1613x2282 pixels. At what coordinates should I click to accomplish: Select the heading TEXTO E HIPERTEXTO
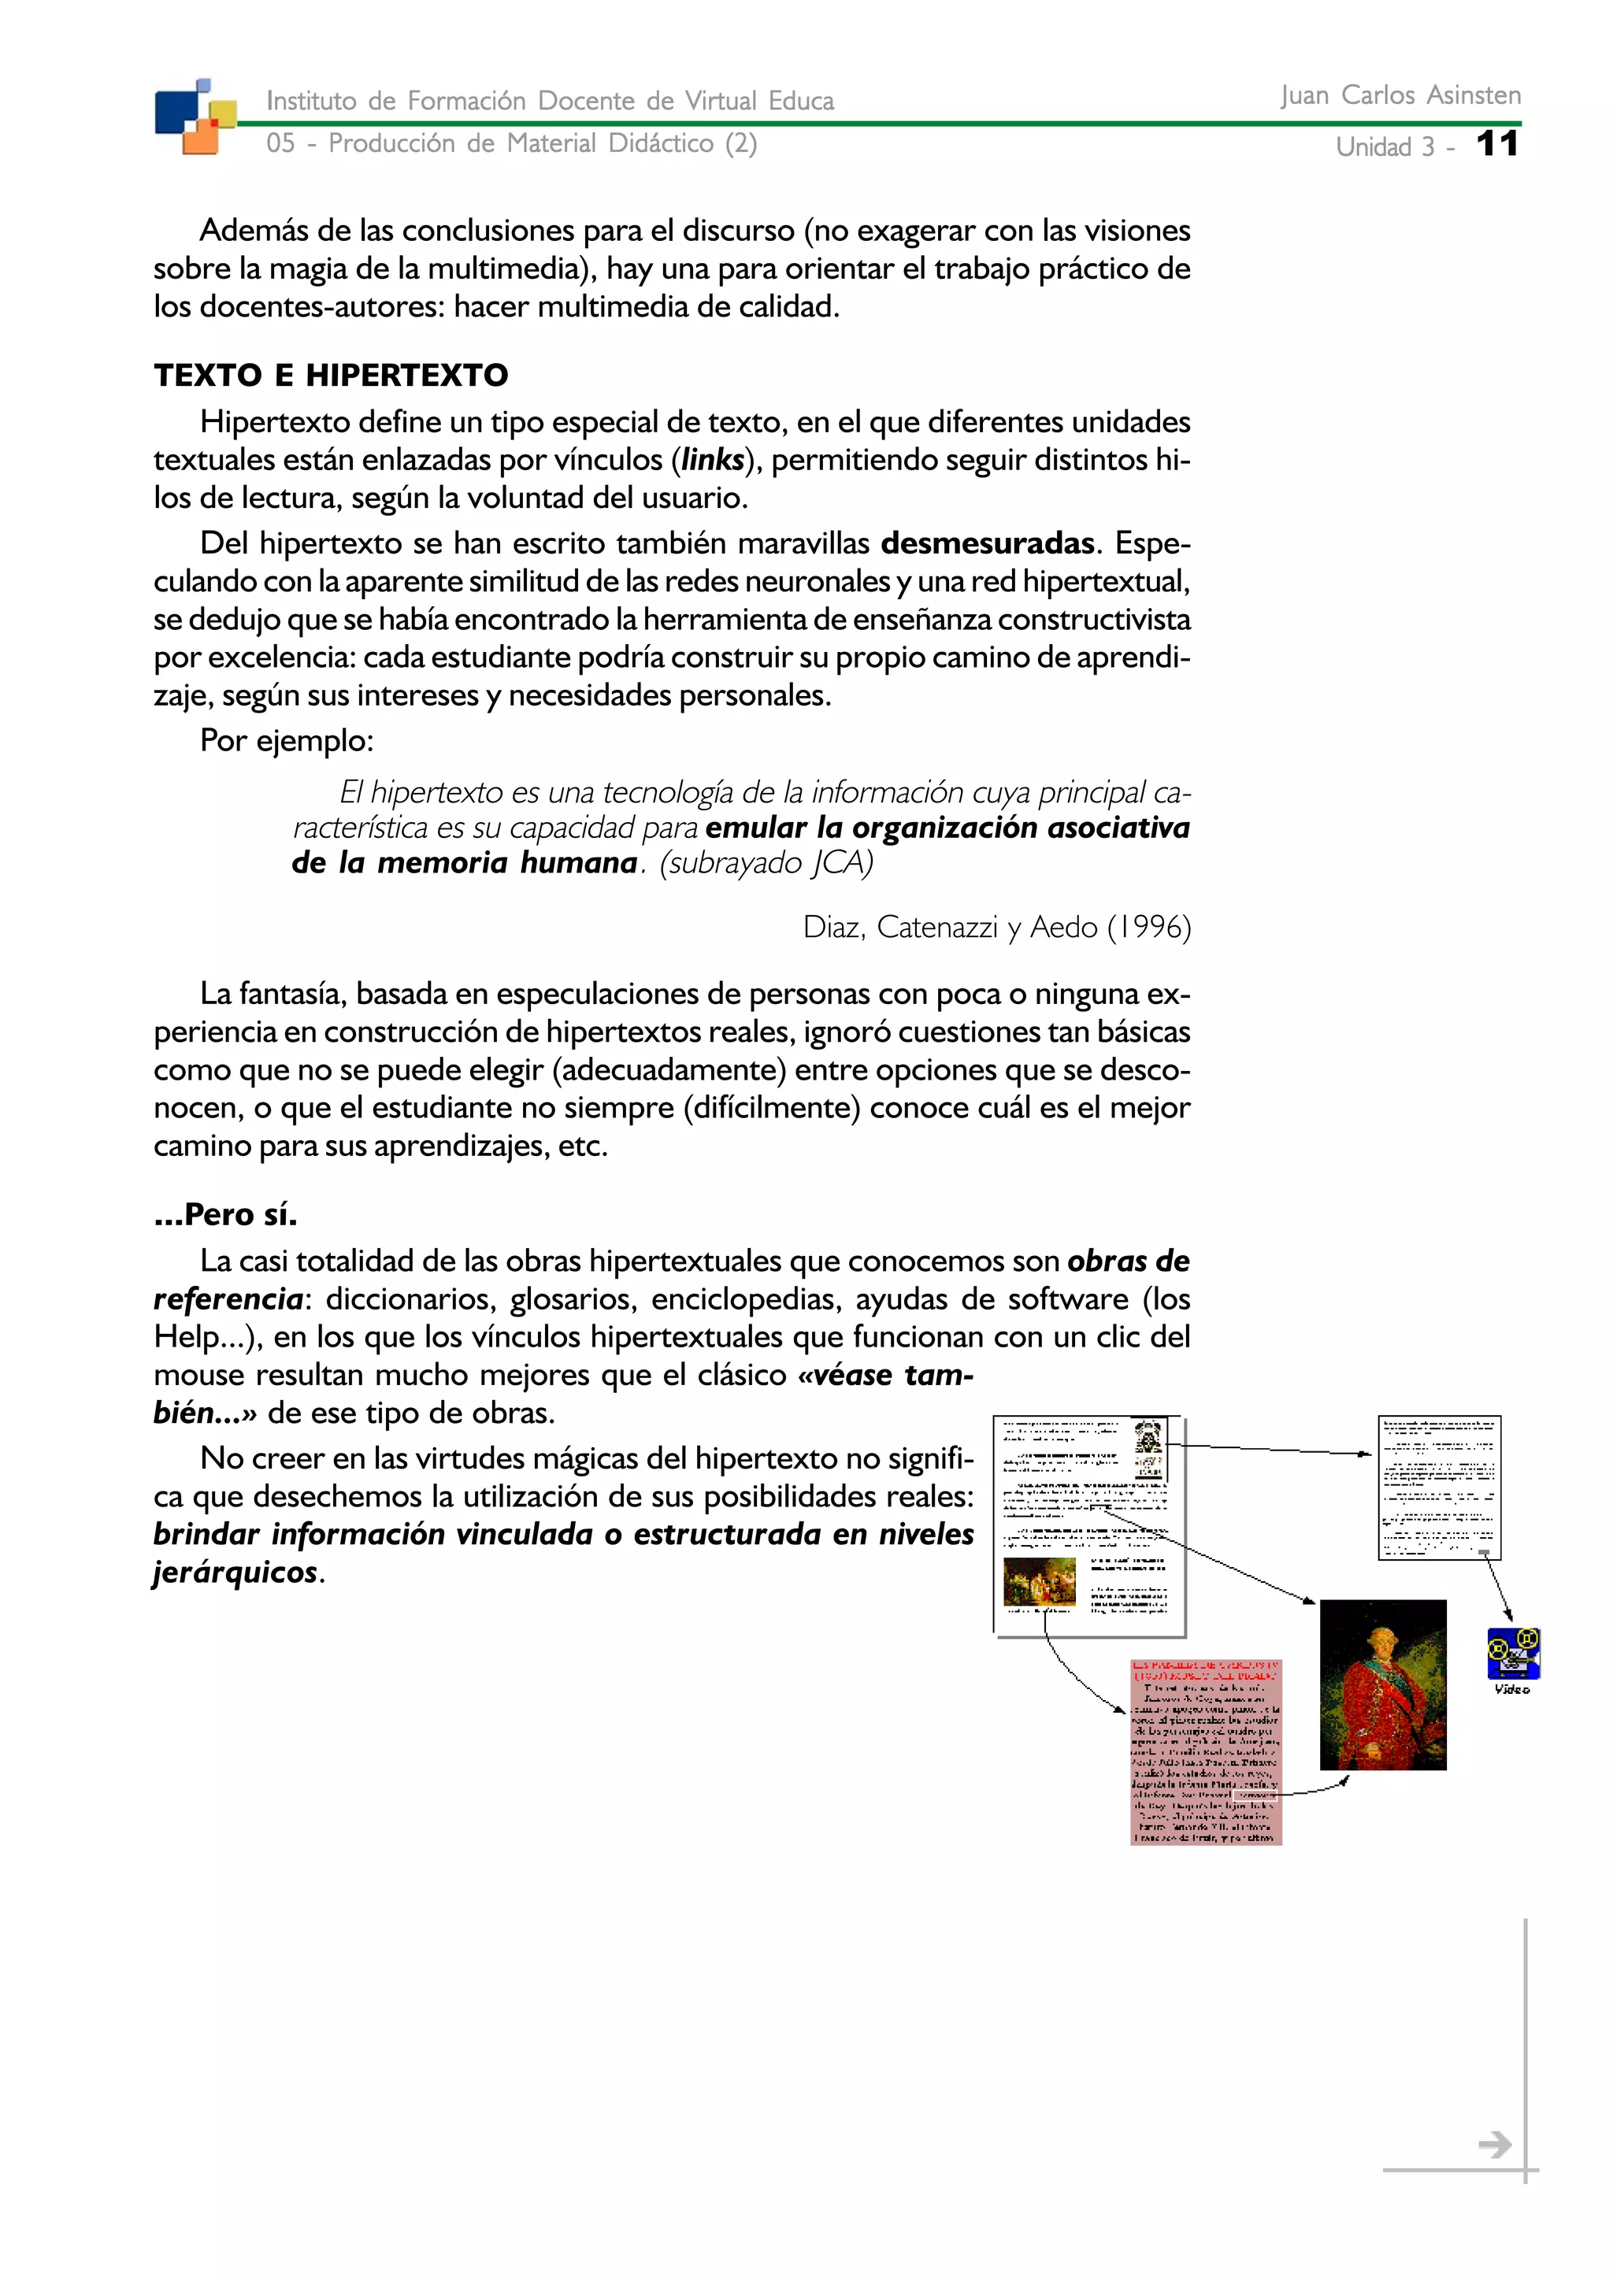click(x=331, y=376)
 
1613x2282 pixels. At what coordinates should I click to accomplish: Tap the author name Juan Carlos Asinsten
click(x=1400, y=95)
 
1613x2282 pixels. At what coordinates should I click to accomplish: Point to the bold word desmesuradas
click(x=987, y=543)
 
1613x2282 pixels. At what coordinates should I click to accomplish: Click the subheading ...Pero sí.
click(x=225, y=1214)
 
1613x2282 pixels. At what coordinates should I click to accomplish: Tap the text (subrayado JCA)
click(x=766, y=863)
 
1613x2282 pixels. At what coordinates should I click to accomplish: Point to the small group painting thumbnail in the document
click(x=1039, y=1581)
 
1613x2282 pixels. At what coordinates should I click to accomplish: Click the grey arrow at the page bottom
click(x=1494, y=2145)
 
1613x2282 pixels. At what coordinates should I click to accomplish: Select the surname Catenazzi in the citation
click(x=936, y=928)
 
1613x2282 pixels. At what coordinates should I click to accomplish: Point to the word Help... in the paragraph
click(x=206, y=1338)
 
